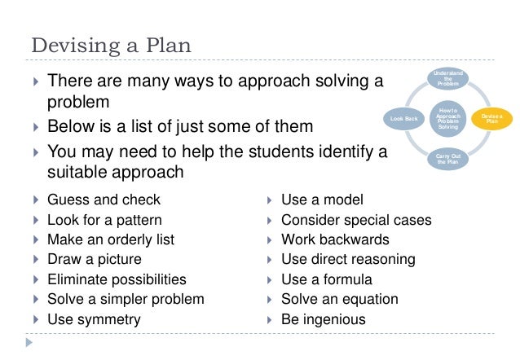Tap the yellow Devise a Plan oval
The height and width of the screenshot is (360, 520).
[x=491, y=119]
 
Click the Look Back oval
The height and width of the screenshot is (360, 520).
[x=404, y=119]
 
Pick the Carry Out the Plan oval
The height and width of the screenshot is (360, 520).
[x=447, y=159]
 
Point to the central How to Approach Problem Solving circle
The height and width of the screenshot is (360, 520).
[x=447, y=119]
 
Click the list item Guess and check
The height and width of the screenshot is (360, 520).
[x=104, y=200]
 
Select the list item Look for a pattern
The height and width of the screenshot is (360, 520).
[x=104, y=220]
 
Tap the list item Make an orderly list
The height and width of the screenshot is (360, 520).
[x=111, y=239]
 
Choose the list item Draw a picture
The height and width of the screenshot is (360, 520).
[x=94, y=260]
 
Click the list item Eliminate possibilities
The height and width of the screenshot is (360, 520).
[x=117, y=279]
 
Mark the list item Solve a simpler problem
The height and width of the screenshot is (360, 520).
[x=126, y=300]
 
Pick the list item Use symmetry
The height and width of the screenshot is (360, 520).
[x=94, y=319]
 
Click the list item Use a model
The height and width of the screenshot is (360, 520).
[x=322, y=200]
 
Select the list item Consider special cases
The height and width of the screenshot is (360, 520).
[x=356, y=220]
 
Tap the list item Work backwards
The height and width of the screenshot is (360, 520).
[x=335, y=239]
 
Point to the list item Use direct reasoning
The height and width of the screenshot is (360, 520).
[x=348, y=260]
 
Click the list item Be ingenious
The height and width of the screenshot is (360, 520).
[x=323, y=319]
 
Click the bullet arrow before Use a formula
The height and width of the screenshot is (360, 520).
[x=270, y=280]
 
